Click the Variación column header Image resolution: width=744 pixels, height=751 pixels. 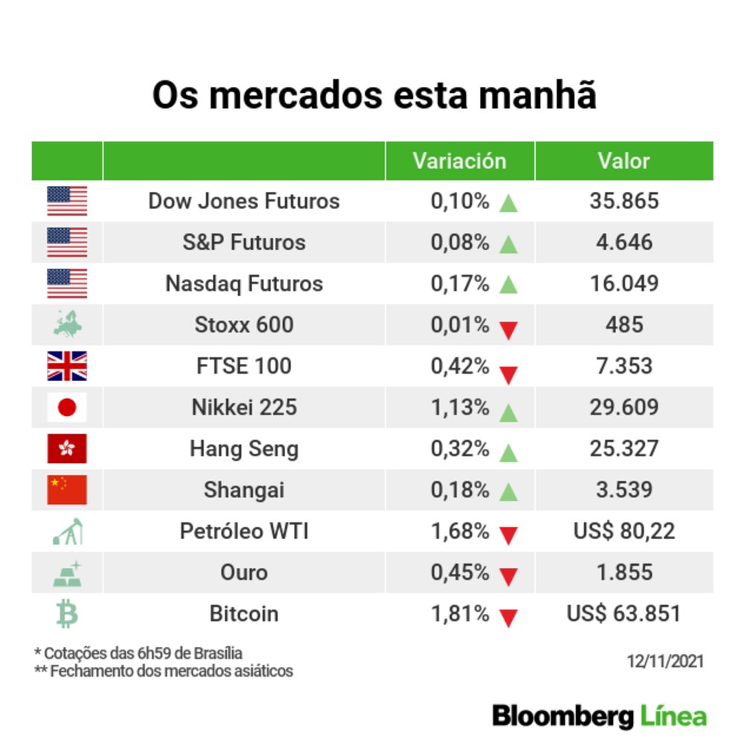click(459, 161)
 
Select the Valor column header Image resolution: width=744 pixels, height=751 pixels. click(623, 161)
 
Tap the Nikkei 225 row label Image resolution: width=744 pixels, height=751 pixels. click(244, 407)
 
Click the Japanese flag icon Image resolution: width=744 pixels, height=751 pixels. click(67, 407)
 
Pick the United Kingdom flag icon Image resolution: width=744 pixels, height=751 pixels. click(67, 366)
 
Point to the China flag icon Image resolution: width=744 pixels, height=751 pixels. click(67, 490)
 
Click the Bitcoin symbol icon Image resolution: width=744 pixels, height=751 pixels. click(67, 614)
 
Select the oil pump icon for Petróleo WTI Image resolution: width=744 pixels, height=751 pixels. click(68, 531)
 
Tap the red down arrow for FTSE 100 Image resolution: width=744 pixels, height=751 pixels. click(508, 373)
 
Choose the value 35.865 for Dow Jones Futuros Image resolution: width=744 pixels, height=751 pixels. click(623, 201)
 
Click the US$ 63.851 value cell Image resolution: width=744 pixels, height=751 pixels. click(623, 614)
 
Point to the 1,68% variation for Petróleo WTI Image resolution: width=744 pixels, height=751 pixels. click(460, 531)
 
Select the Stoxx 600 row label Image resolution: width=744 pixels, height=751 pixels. click(244, 325)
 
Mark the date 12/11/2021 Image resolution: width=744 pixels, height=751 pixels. click(664, 661)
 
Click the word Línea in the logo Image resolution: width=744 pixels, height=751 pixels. click(673, 716)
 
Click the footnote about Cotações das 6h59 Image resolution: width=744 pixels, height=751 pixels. click(138, 653)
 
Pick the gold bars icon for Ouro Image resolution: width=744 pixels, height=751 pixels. click(68, 573)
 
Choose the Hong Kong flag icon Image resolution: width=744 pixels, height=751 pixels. click(67, 449)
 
